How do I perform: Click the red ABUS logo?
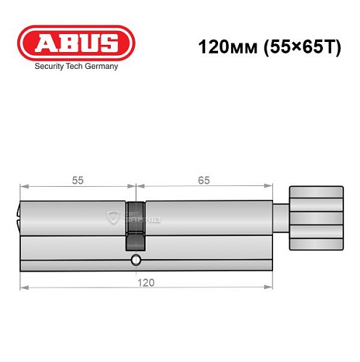click(76, 43)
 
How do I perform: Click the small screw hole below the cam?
click(135, 260)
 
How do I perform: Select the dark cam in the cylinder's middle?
click(135, 225)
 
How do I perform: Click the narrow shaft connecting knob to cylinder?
click(281, 216)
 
